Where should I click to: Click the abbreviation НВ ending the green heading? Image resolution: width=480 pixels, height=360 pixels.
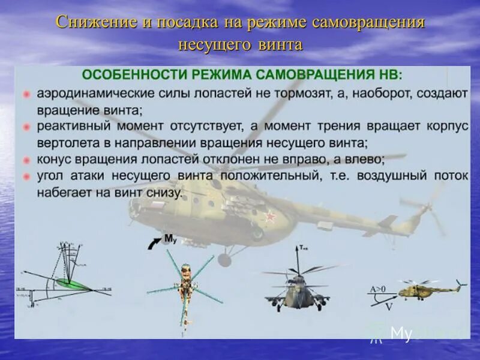[x=391, y=74]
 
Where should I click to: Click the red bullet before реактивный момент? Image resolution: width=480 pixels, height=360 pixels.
[x=26, y=127]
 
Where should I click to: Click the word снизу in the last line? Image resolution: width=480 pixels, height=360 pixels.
[x=161, y=193]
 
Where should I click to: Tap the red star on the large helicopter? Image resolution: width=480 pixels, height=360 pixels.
[x=272, y=217]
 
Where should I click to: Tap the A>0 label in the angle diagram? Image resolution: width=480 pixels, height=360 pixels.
[x=377, y=289]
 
